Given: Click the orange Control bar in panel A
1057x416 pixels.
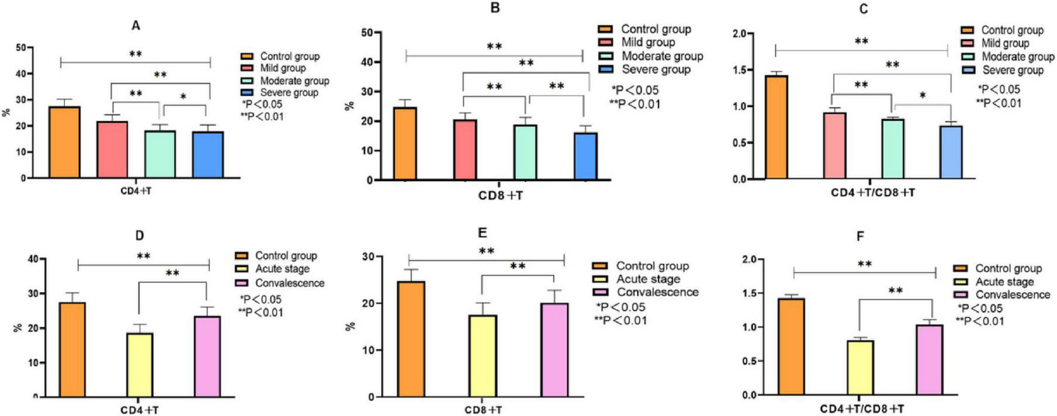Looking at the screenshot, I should (64, 143).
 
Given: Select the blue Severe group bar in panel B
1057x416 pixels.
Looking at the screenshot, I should (585, 157).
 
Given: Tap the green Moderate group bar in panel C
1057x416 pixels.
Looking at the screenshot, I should (893, 150).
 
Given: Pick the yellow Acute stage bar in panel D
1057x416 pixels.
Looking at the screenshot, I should (140, 365).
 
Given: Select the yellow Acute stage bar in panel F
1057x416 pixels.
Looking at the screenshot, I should (860, 367).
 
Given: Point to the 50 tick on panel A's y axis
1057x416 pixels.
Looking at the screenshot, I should (21, 48).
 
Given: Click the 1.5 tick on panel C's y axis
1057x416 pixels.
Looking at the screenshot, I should (740, 70).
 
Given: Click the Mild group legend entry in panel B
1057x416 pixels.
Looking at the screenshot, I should (648, 42).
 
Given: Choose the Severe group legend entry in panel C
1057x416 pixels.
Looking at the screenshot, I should (1012, 70).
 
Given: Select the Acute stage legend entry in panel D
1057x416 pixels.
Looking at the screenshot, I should (282, 269).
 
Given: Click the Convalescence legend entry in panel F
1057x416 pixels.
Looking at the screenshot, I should (1012, 295).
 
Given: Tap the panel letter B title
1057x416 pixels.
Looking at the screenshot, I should (494, 8).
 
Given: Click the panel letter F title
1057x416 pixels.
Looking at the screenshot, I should (860, 237).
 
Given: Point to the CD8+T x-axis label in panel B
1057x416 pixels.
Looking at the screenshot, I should (500, 195).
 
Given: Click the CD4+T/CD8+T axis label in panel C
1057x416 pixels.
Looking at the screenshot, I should (872, 193).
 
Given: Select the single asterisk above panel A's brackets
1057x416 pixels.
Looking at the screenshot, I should (184, 97).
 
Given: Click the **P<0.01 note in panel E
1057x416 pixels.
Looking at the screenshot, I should (620, 321).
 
